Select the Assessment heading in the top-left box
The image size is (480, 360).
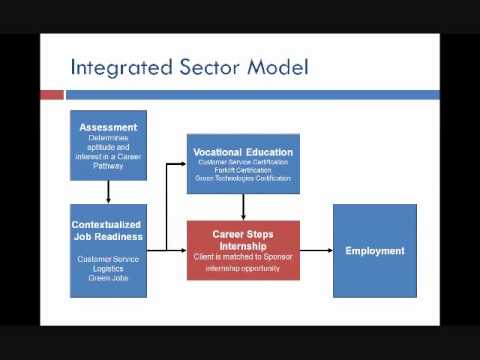108,128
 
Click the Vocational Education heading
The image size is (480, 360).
243,153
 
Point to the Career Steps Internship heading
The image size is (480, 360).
243,238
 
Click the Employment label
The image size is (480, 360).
374,250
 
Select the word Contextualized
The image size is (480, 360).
108,225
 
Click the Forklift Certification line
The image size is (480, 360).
243,170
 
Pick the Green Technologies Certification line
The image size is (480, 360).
243,178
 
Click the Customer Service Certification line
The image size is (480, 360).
243,162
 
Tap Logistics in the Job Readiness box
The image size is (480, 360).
108,268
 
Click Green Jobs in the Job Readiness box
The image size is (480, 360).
108,277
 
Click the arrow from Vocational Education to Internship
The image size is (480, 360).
243,207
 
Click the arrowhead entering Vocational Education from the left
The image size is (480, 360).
183,162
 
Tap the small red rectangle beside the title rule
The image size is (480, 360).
51,95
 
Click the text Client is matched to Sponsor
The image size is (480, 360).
243,257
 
